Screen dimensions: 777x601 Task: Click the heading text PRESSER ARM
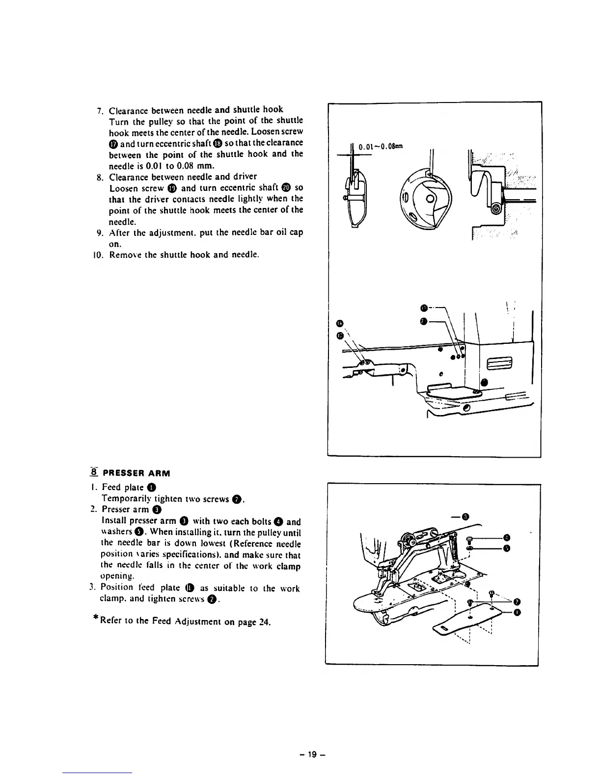coord(137,474)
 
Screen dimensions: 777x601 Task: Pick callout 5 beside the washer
coord(507,548)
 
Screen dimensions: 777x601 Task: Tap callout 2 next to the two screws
coord(517,602)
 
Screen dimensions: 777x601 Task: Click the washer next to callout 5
coord(470,548)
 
